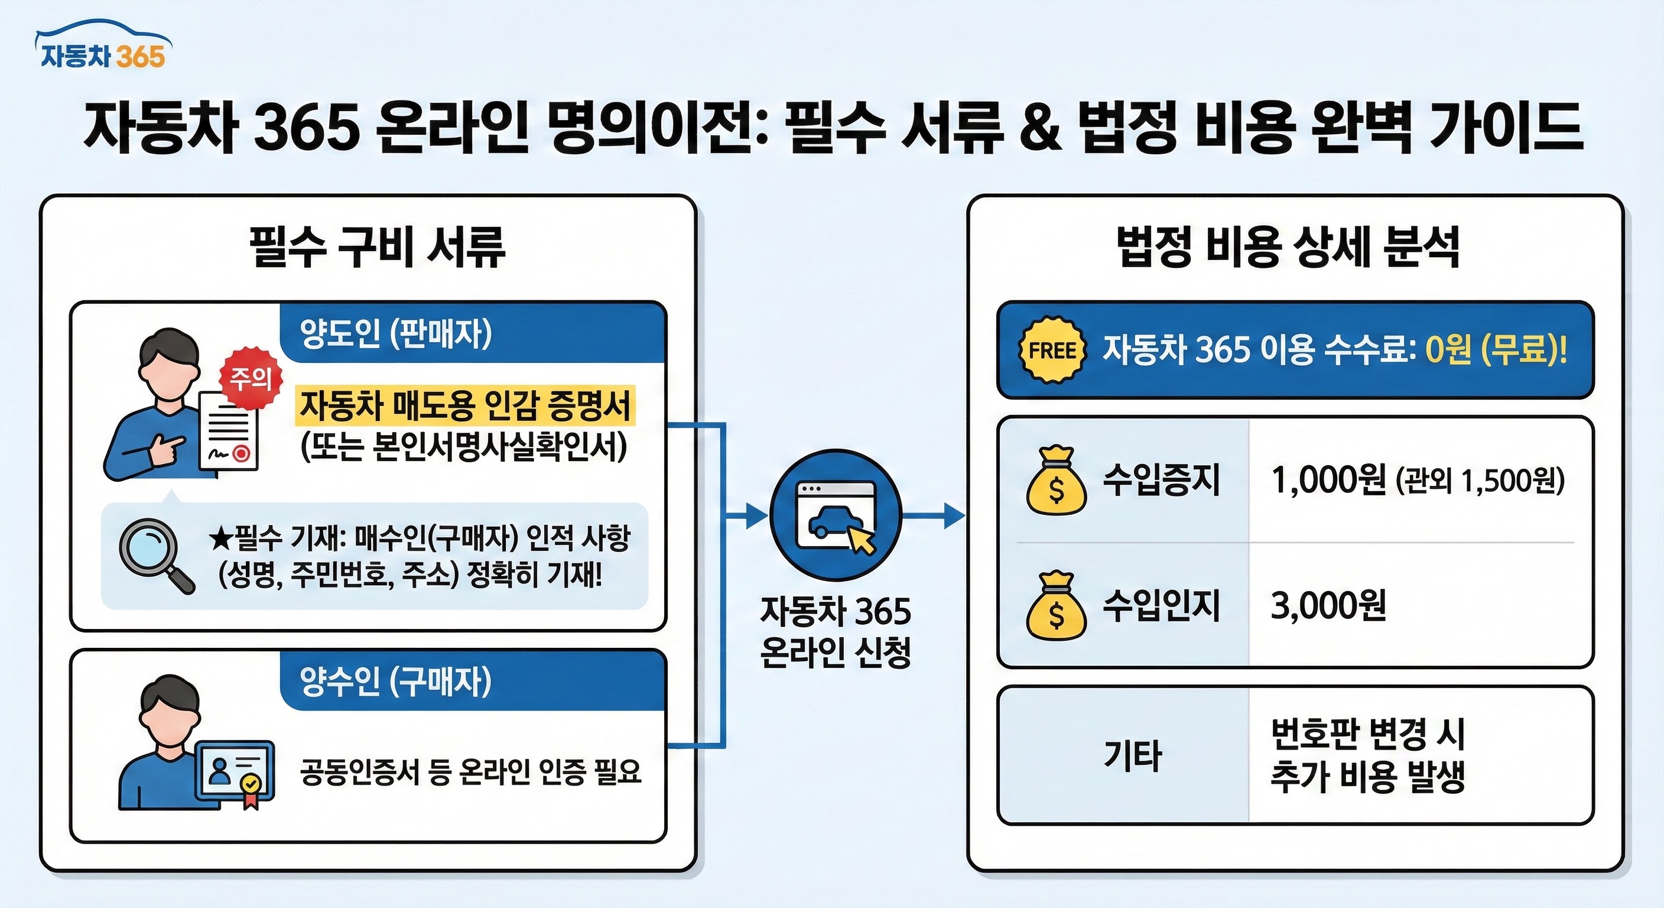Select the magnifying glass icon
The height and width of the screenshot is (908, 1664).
154,553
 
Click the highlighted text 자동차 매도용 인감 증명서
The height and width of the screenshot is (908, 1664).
465,406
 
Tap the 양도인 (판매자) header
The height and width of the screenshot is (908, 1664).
395,333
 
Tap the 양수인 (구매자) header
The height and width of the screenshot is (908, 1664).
395,680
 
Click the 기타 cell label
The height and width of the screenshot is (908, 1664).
1132,755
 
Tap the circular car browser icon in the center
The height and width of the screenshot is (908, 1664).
835,515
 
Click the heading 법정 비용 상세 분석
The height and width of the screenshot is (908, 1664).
1289,247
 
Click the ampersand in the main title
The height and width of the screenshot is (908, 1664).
1041,127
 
